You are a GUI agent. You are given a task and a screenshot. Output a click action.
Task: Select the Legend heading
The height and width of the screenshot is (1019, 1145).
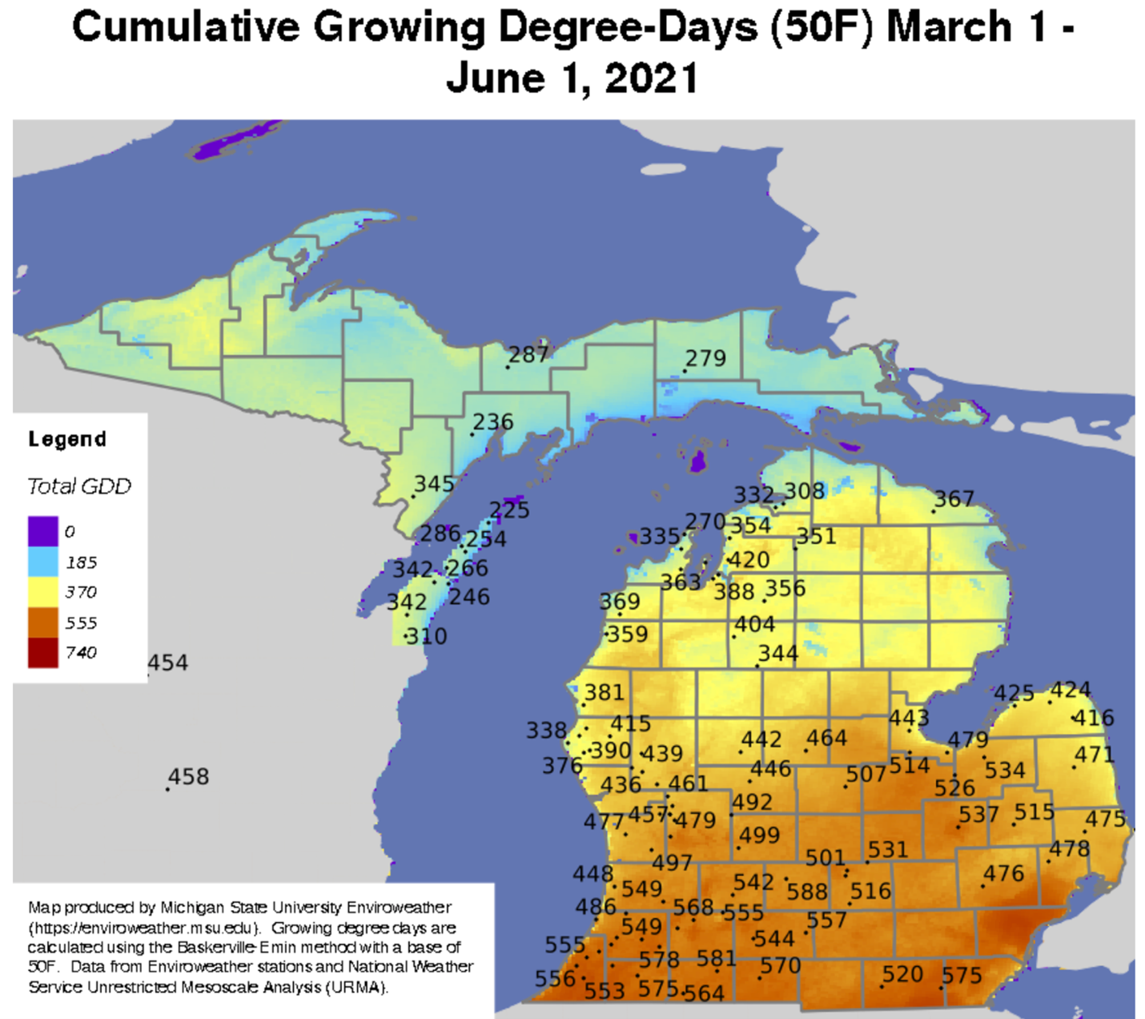(x=67, y=439)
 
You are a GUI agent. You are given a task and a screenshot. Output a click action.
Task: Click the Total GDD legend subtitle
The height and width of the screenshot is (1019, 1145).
(x=79, y=486)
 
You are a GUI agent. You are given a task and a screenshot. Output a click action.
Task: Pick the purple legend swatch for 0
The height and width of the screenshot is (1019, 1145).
(x=43, y=531)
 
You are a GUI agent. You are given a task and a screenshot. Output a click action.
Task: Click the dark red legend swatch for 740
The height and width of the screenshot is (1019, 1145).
(x=43, y=652)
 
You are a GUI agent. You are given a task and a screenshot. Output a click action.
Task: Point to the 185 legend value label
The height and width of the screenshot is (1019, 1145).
(x=81, y=562)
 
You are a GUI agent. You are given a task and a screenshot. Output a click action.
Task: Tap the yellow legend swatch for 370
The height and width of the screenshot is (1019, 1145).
(x=43, y=592)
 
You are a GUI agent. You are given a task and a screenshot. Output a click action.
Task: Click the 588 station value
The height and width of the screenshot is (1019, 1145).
(x=806, y=892)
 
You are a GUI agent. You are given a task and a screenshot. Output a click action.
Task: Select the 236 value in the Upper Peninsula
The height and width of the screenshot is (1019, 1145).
(x=492, y=422)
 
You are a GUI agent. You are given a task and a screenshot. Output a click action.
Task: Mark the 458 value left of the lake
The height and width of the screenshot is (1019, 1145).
(x=188, y=777)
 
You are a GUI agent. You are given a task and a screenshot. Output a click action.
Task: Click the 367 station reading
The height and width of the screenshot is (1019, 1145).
(x=954, y=500)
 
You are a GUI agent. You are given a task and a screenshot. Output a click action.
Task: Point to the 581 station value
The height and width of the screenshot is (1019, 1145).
(x=716, y=959)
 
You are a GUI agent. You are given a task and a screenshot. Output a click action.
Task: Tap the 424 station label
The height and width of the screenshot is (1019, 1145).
(x=1071, y=690)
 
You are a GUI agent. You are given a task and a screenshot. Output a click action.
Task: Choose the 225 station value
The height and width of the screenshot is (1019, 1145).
(x=509, y=510)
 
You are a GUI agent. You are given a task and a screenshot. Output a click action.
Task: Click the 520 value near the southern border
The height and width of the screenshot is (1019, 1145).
(x=902, y=975)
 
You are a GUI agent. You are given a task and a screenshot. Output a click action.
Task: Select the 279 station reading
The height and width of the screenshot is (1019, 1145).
(x=705, y=358)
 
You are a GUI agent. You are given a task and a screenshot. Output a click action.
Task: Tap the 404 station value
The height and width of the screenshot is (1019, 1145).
(x=754, y=624)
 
